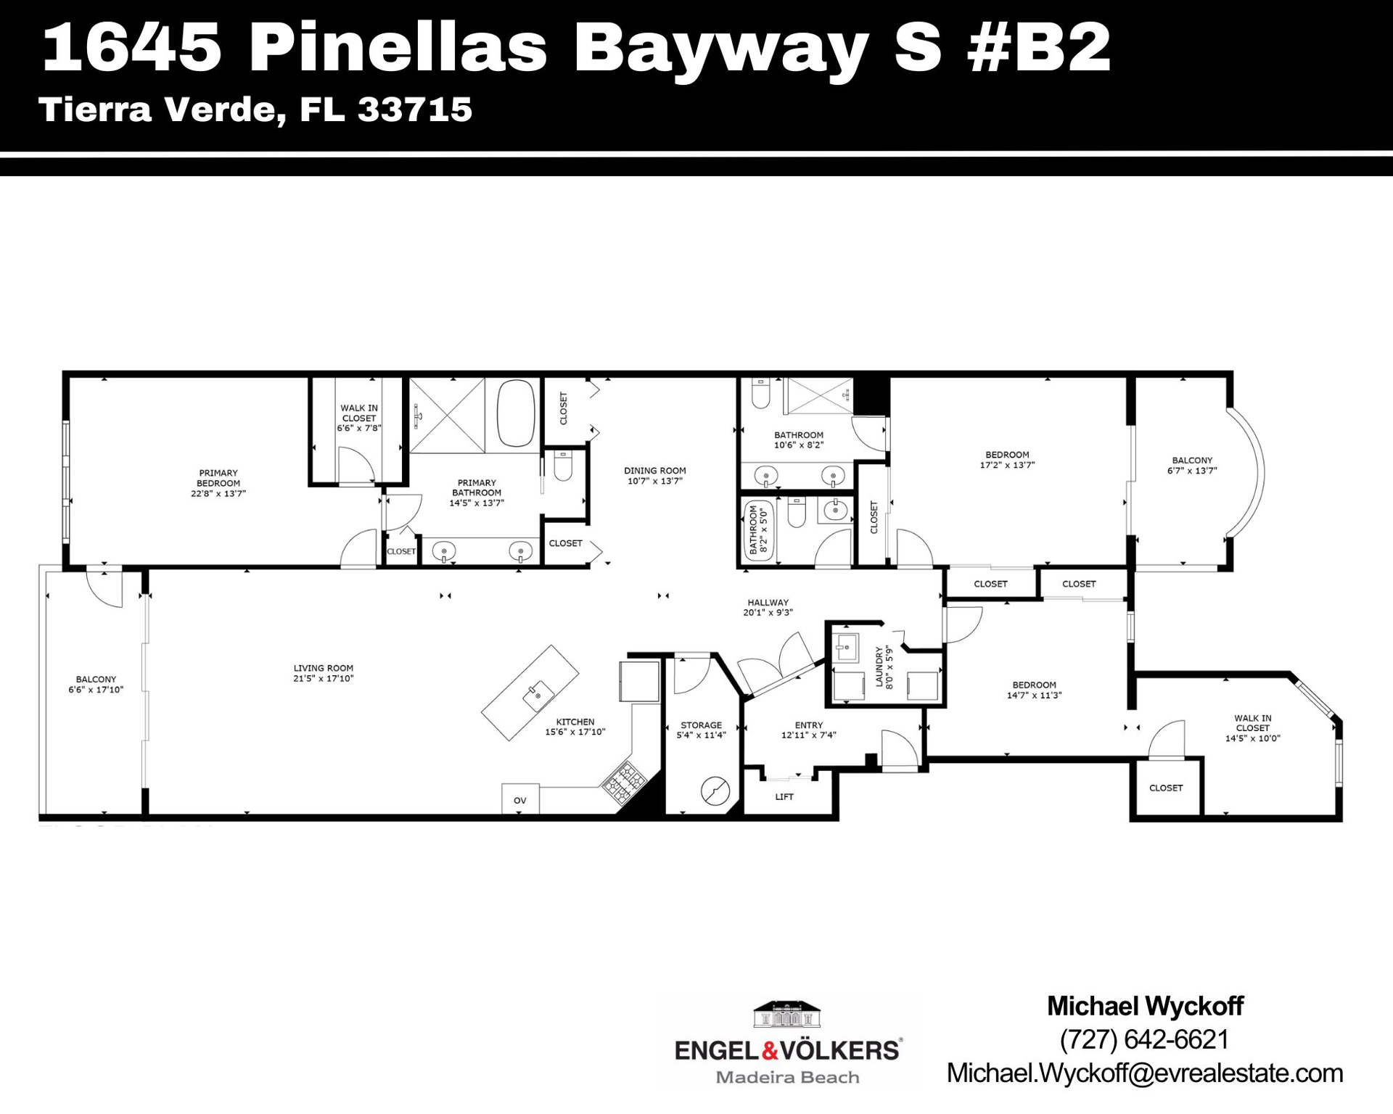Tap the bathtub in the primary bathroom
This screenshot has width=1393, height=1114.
tap(516, 412)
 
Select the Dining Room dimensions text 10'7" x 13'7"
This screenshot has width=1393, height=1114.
tap(654, 481)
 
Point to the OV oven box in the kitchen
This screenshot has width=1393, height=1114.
tap(520, 799)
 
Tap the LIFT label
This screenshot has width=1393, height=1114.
tap(784, 796)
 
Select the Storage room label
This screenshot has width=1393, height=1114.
tap(701, 725)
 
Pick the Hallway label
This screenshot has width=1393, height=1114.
tap(768, 603)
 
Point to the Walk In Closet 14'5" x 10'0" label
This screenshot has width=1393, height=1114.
tap(1252, 728)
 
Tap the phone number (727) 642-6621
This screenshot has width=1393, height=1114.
tap(1144, 1039)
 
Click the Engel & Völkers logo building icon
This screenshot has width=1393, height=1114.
tap(787, 1015)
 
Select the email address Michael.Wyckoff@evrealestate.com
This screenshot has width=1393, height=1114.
tap(1144, 1073)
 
